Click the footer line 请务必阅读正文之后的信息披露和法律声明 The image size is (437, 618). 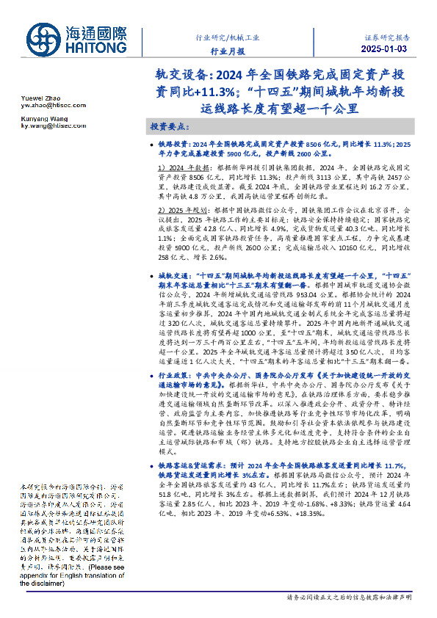click(350, 598)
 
